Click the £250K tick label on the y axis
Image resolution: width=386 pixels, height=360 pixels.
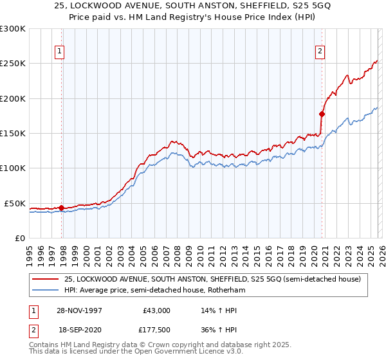click(13, 64)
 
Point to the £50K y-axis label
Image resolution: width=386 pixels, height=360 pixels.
click(15, 203)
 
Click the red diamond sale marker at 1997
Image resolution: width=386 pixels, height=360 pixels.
click(62, 208)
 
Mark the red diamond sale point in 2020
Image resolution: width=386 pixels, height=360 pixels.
click(322, 114)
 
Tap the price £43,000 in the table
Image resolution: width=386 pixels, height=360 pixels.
click(156, 310)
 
